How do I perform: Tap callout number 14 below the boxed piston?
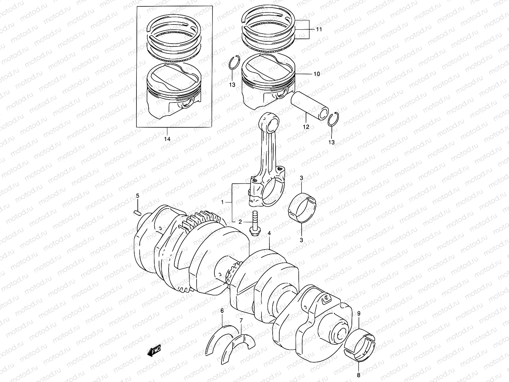[x=167, y=139]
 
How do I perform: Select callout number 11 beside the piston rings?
[x=319, y=29]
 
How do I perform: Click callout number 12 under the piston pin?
[x=306, y=127]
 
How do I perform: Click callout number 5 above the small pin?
[x=138, y=195]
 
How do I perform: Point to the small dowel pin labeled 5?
[x=137, y=212]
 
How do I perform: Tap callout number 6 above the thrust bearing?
[x=222, y=310]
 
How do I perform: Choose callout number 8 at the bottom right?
[x=359, y=375]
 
